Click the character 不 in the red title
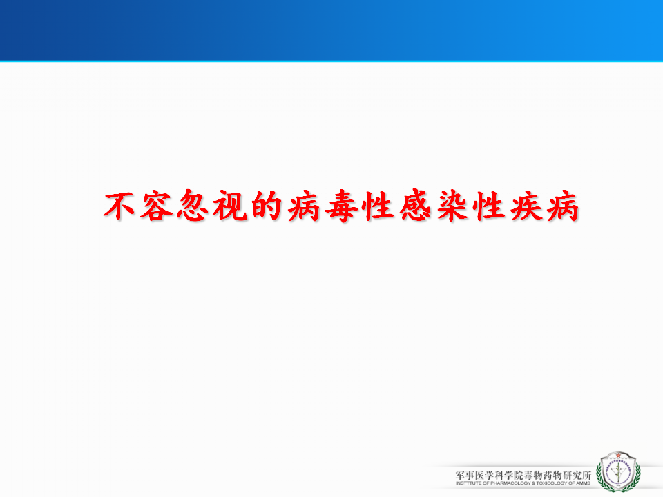point(119,206)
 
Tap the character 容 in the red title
point(157,206)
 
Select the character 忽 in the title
point(193,206)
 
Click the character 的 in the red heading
point(267,206)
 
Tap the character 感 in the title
point(415,206)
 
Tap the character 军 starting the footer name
point(461,475)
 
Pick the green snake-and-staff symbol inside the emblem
point(618,472)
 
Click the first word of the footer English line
point(468,483)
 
